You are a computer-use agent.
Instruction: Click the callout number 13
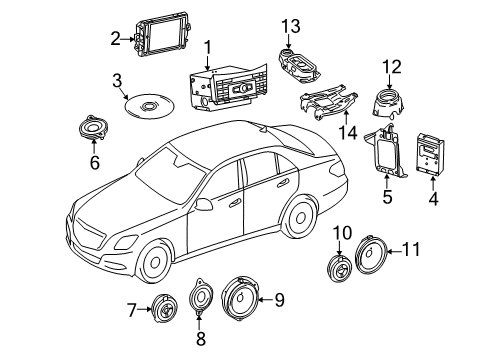pos(291,26)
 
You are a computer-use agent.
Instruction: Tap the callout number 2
pos(115,39)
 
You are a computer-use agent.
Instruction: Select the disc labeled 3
pos(149,106)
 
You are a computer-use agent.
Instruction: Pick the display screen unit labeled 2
pos(163,36)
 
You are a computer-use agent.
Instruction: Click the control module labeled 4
pos(430,154)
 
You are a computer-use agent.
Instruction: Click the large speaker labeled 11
pos(371,255)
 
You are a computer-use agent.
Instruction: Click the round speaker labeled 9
pos(240,298)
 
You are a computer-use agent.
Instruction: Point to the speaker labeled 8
pos(201,296)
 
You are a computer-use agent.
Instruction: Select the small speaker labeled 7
pos(164,308)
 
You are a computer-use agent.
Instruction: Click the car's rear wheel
pos(300,218)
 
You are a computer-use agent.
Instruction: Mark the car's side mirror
pos(203,204)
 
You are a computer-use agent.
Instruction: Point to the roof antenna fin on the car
pos(262,128)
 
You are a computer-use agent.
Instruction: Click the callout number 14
pos(348,133)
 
